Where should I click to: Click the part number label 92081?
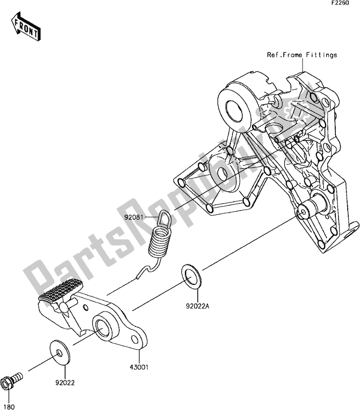(x=133, y=217)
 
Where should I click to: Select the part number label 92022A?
(x=197, y=307)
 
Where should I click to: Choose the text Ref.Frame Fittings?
(x=302, y=55)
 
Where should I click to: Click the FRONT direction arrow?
(x=26, y=29)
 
